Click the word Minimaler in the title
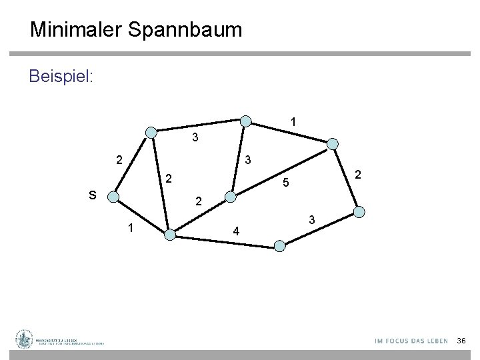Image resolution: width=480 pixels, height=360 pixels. [75, 30]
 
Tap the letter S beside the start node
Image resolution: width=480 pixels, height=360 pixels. [93, 195]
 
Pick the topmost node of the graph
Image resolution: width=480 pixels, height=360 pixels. [246, 121]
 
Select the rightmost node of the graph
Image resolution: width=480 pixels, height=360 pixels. [359, 212]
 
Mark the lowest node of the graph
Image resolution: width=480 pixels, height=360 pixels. [280, 246]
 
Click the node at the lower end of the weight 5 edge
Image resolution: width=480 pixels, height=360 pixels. [230, 197]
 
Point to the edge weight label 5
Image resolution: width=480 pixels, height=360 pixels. [284, 181]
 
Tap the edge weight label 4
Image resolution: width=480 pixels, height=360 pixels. [235, 232]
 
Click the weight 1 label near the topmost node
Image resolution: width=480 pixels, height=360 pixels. [293, 122]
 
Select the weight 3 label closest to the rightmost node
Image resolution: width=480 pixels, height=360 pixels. [311, 220]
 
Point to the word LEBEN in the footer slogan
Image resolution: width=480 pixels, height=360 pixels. [436, 341]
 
